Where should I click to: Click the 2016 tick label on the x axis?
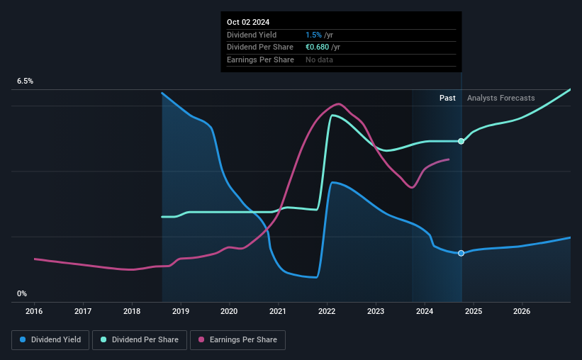(35, 311)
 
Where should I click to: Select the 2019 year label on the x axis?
(181, 311)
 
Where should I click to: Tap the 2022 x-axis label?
(327, 311)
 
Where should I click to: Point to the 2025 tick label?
(474, 311)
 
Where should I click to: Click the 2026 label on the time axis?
(522, 311)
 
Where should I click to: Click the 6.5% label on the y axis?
(26, 81)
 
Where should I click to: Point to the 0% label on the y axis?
(22, 293)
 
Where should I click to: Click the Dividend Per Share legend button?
(140, 340)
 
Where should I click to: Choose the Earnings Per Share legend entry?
(238, 340)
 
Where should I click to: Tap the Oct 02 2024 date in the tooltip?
(249, 22)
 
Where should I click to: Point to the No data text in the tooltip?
(319, 60)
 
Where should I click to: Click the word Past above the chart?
(447, 98)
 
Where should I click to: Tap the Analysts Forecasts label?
(500, 98)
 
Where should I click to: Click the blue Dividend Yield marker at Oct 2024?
(461, 253)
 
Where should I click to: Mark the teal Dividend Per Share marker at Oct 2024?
(461, 141)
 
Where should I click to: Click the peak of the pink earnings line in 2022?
(338, 104)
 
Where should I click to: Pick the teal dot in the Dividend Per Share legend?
(103, 340)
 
